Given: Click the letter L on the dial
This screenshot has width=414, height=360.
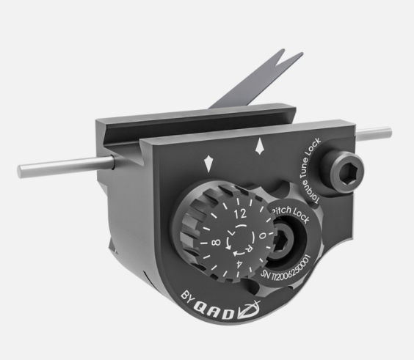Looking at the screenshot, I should click(230, 233).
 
